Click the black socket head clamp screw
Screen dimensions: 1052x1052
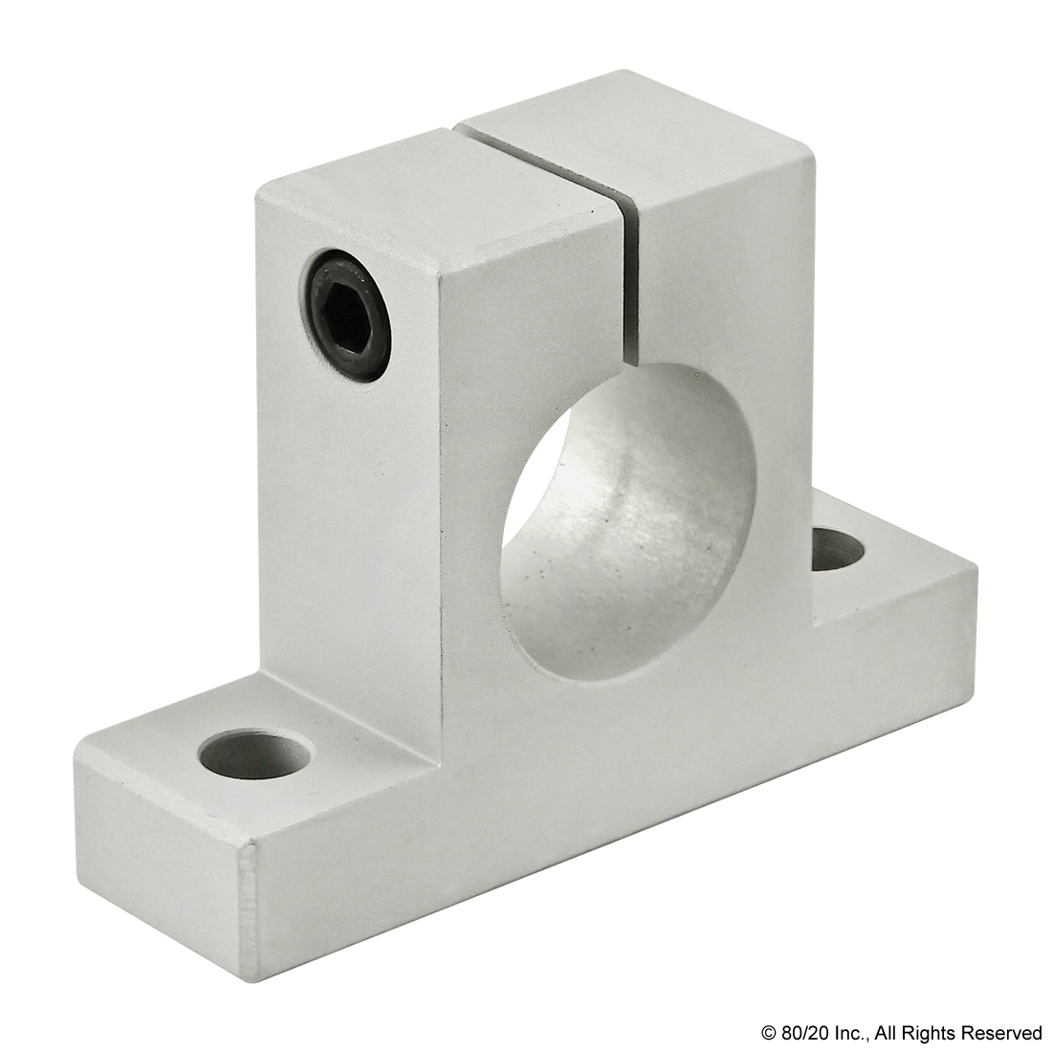point(347,316)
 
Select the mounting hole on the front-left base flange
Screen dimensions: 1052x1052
point(255,756)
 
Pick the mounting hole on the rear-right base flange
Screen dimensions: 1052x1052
point(837,549)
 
